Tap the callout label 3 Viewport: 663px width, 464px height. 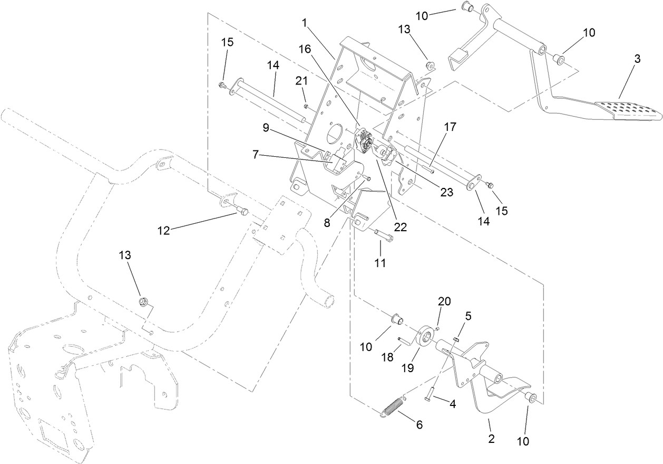(x=637, y=59)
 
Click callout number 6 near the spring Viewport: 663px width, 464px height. (x=420, y=425)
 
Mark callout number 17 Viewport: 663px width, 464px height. (x=450, y=127)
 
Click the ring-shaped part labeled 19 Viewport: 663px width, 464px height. (x=425, y=338)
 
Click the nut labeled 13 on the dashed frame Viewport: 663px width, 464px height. (x=142, y=302)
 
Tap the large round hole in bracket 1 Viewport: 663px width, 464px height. (x=335, y=135)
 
